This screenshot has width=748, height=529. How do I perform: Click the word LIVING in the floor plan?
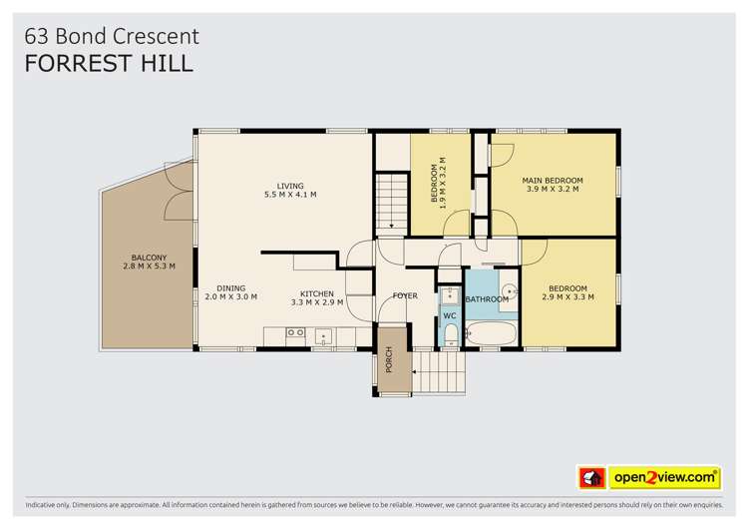(290, 186)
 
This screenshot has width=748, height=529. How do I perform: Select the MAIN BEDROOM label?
(553, 181)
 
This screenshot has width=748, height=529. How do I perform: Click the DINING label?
(230, 287)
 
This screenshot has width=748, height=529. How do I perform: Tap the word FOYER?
(405, 295)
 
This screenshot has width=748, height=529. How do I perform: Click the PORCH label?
(389, 363)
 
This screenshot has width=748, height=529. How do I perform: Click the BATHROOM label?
(487, 299)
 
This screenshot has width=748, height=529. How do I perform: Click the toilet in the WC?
(450, 333)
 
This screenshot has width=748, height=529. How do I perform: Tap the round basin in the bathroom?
(509, 291)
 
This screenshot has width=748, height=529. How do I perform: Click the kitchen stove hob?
(295, 332)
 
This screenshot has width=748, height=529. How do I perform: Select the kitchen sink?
(323, 335)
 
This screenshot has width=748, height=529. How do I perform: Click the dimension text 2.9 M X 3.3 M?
(568, 297)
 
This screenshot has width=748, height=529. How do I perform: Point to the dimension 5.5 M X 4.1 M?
(290, 195)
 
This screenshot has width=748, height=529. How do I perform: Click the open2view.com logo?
(665, 478)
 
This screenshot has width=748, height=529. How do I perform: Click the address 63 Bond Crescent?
(112, 36)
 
